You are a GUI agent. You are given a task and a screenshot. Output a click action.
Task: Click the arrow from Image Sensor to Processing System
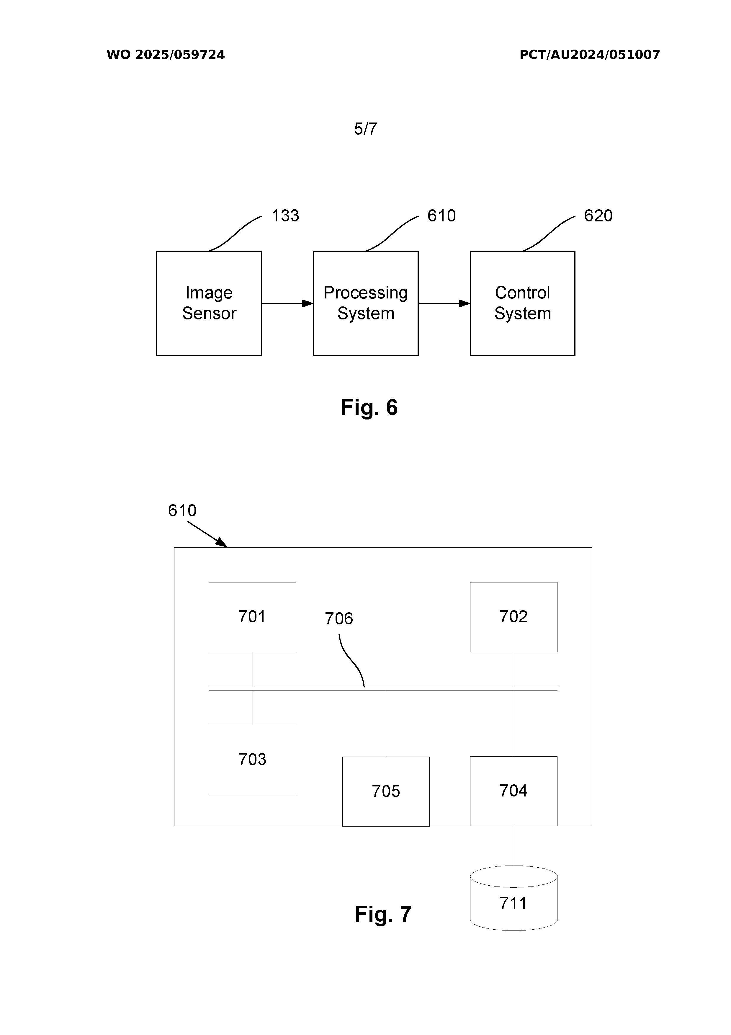tap(287, 303)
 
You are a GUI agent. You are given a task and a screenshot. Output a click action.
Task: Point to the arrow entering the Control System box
tap(444, 303)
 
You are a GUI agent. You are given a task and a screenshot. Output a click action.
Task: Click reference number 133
tap(285, 216)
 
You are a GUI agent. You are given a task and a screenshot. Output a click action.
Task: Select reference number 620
tap(598, 216)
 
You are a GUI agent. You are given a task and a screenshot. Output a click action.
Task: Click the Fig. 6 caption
tap(369, 407)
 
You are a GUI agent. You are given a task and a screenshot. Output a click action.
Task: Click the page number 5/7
tap(365, 129)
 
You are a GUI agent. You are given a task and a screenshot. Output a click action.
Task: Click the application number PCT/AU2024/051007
tap(589, 55)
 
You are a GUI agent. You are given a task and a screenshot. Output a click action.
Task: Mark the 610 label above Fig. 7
tap(182, 511)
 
